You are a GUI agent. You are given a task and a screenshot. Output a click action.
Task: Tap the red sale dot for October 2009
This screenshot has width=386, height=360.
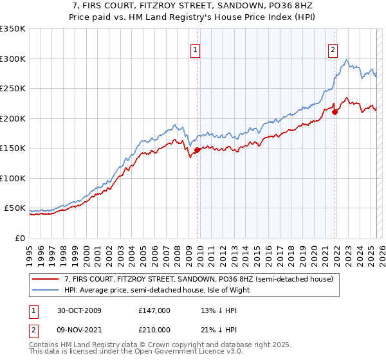coord(198,150)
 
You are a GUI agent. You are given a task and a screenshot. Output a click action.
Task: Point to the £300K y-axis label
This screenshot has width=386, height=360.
coord(13,59)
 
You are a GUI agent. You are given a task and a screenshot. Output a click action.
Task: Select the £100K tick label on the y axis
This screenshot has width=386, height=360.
coord(13,178)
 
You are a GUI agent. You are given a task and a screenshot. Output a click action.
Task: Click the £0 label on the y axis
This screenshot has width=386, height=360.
coord(20,238)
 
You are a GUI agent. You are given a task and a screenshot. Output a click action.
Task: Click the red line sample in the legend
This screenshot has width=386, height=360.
coord(46,279)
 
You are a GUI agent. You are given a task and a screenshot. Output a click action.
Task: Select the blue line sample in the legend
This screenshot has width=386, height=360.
coord(46,289)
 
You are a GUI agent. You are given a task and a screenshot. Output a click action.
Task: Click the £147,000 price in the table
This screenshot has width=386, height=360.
coord(154,310)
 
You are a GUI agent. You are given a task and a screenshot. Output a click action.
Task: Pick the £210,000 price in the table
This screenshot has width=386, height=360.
coord(154,330)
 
